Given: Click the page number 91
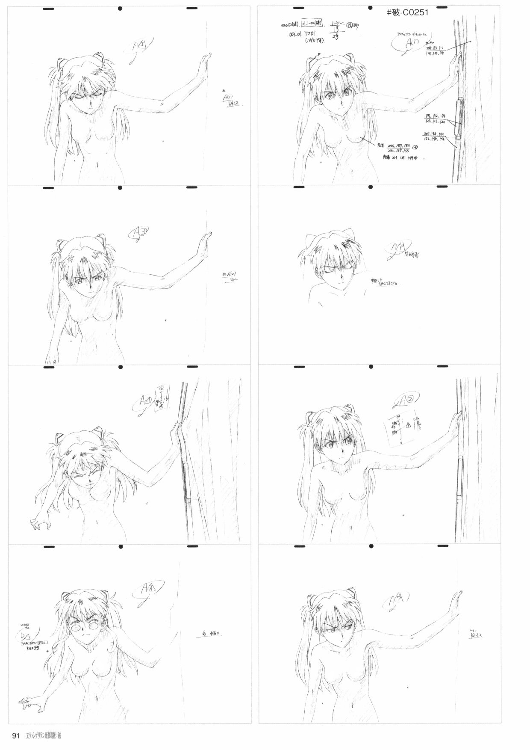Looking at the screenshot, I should pos(17,736).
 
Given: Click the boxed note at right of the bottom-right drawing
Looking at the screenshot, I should pos(475,636).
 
